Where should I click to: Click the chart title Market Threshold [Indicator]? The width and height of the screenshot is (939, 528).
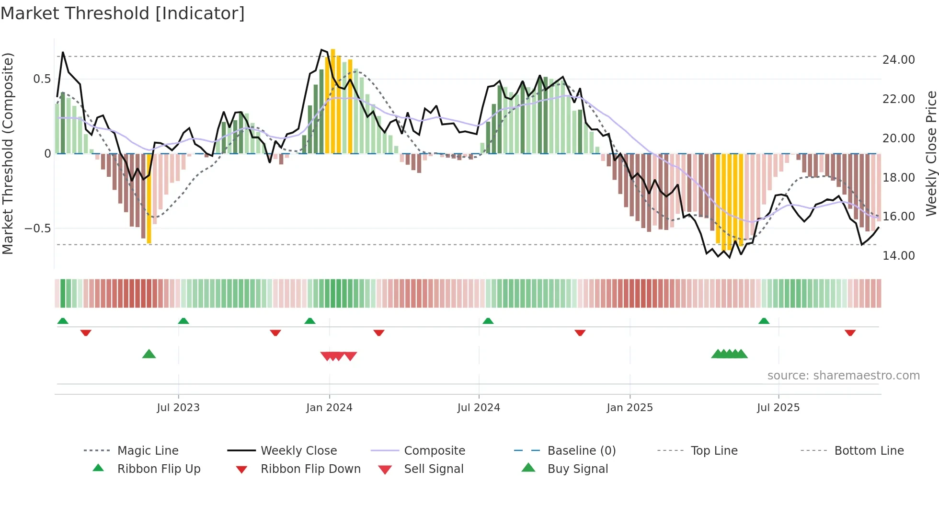tap(123, 13)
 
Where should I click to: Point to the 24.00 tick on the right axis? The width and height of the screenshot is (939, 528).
tap(898, 60)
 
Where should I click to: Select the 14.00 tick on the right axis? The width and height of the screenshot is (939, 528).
tap(898, 256)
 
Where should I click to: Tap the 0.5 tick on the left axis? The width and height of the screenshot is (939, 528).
tap(42, 79)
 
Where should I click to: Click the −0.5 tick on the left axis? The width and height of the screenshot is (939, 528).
tap(38, 229)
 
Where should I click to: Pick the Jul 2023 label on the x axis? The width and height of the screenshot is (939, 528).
tap(178, 408)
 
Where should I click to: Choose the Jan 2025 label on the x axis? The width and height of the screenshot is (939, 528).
tap(629, 408)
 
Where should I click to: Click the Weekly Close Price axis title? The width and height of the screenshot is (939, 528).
tap(931, 153)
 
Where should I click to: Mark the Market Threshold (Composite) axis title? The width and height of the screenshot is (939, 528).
tap(8, 153)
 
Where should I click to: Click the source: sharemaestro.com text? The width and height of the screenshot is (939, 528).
tap(843, 376)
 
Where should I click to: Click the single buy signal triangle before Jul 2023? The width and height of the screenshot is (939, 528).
tap(149, 354)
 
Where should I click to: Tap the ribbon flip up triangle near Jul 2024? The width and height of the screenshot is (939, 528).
tap(488, 321)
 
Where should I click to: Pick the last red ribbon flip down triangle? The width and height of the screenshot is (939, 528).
tap(850, 333)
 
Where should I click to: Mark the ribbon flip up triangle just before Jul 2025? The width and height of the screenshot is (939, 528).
tap(764, 321)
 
